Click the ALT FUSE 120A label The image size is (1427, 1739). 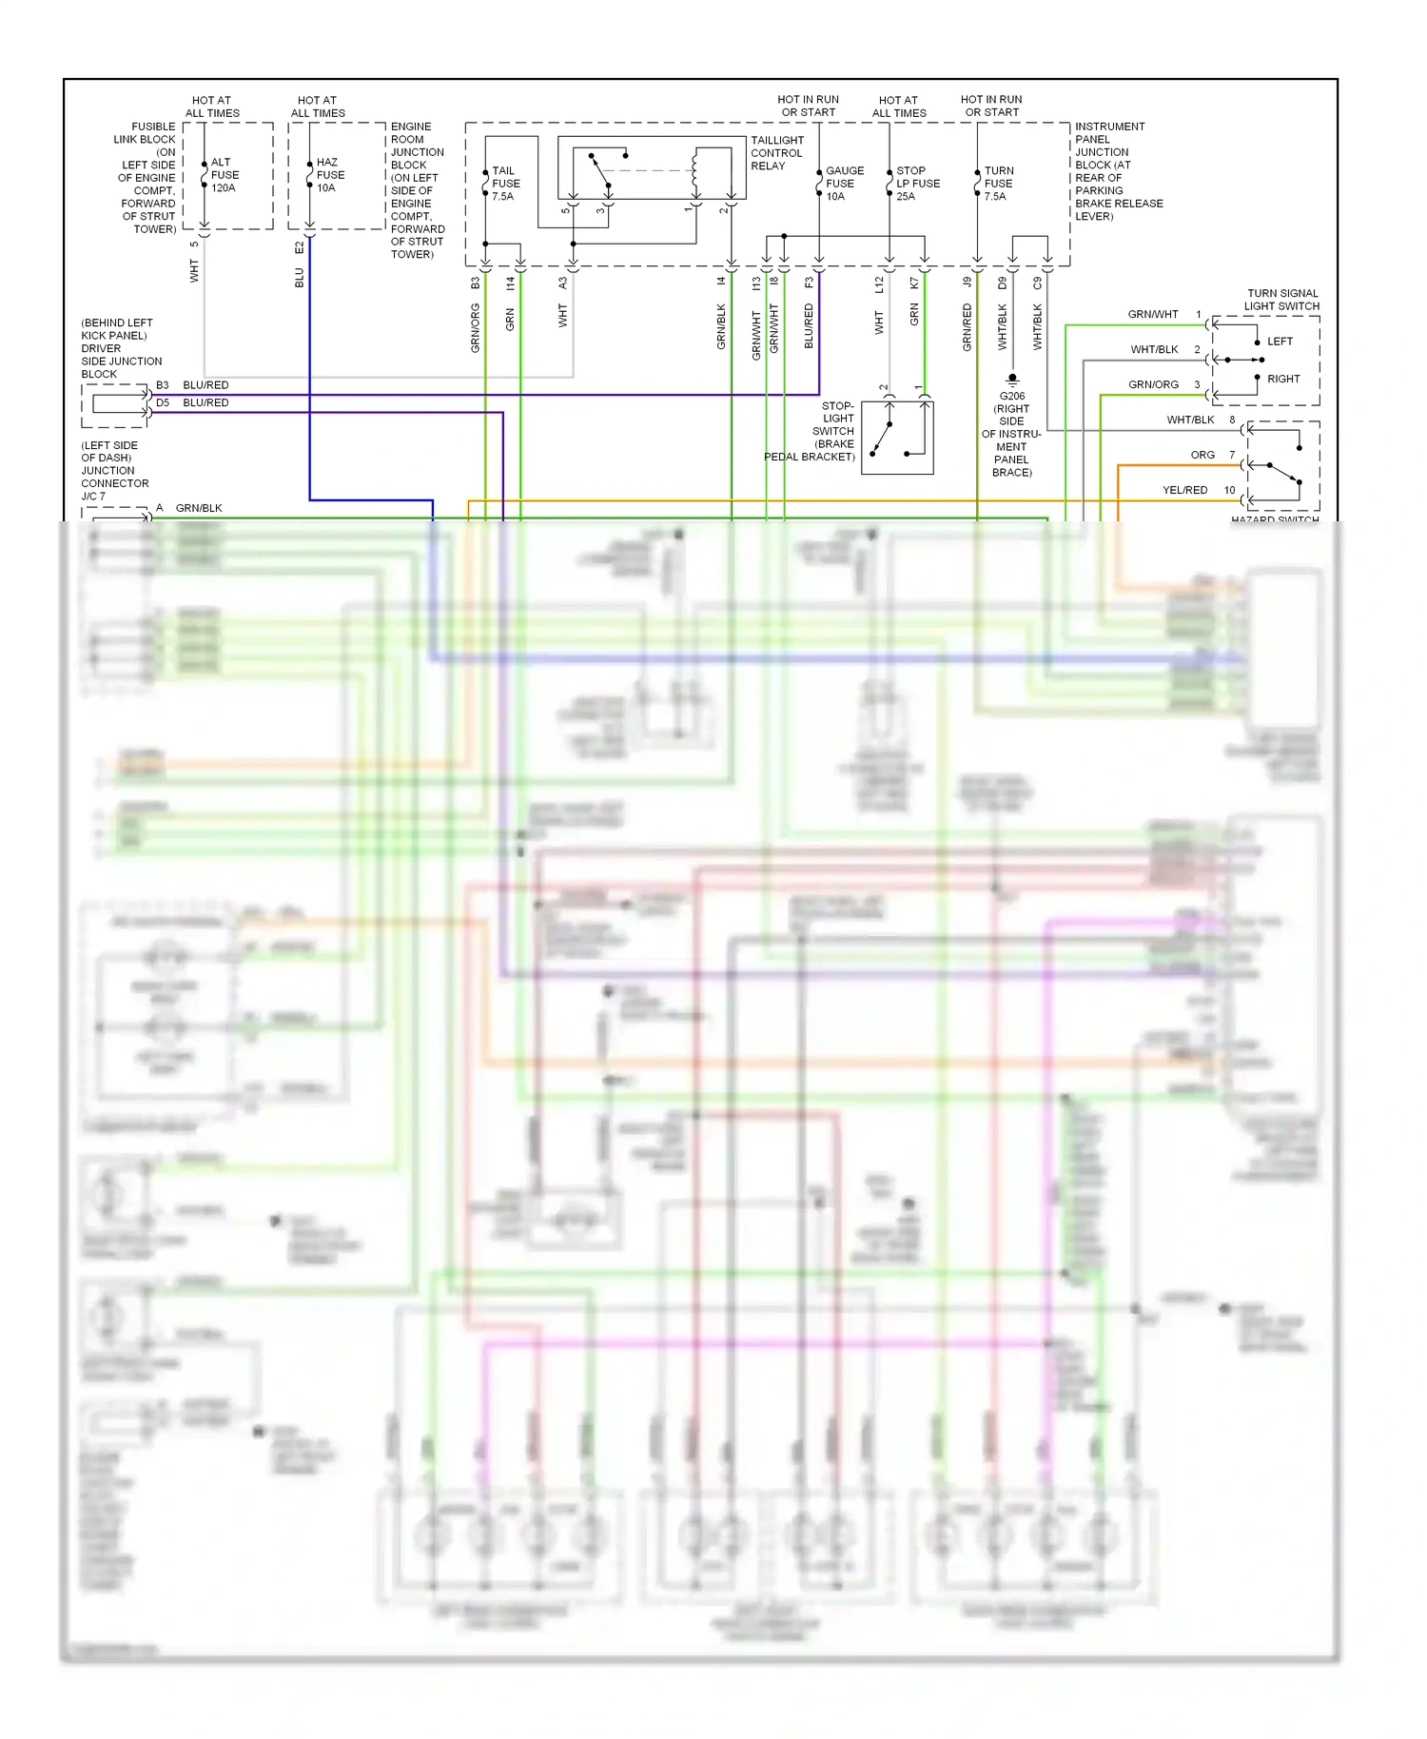point(225,175)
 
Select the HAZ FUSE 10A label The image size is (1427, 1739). point(330,175)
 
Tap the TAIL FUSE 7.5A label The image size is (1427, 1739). point(505,184)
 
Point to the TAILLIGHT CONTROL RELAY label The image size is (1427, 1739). point(776,153)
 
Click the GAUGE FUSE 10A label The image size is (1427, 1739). point(844,184)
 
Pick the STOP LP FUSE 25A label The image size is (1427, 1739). point(917,184)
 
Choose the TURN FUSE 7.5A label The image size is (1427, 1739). point(998,184)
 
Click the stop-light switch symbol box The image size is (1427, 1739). point(897,438)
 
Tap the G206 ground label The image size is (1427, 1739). point(1012,396)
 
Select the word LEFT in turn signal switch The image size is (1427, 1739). point(1280,342)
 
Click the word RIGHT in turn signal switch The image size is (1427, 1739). point(1283,379)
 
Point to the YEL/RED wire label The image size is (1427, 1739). point(1184,490)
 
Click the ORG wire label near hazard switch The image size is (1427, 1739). point(1202,455)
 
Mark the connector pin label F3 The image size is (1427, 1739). point(810,283)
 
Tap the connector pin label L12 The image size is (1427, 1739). point(880,283)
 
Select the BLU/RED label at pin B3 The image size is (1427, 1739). point(205,385)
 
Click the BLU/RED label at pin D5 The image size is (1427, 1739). point(205,402)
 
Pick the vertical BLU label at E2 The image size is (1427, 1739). point(300,278)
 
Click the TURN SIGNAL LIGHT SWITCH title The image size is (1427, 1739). point(1281,300)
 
